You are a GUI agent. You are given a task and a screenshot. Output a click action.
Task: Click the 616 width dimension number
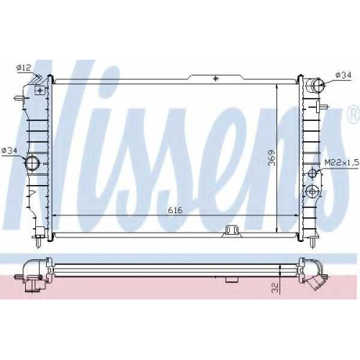pos(175,210)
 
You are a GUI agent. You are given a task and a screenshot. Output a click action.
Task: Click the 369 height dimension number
pos(271,158)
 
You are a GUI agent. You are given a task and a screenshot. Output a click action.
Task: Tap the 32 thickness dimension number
pos(275,287)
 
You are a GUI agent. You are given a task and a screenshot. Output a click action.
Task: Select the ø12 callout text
pos(24,68)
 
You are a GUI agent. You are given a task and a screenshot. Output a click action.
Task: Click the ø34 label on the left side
pos(9,150)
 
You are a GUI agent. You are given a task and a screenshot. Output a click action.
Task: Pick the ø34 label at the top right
pos(343,75)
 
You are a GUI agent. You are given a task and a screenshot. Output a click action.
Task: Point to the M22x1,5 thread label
pos(342,163)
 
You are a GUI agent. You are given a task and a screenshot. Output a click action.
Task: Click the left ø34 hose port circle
pos(32,163)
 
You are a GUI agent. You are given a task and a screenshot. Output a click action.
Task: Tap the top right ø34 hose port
pos(318,85)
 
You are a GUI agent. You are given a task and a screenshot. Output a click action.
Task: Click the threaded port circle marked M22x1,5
pos(313,174)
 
